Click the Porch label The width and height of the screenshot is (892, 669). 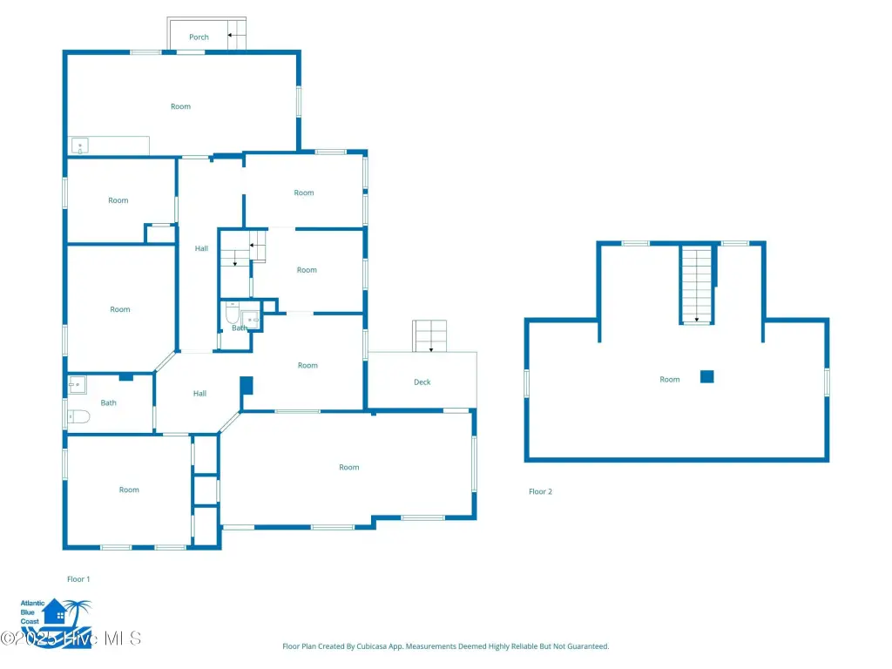click(199, 37)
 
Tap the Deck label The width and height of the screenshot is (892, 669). click(422, 382)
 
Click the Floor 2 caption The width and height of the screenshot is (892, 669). click(540, 491)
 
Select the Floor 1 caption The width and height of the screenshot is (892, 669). click(78, 579)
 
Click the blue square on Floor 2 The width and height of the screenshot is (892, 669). click(707, 376)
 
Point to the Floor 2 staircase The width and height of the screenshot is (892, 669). click(697, 285)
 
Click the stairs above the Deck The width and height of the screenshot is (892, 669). click(429, 336)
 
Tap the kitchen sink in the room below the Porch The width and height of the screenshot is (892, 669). click(79, 146)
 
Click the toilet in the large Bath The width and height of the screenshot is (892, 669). click(78, 417)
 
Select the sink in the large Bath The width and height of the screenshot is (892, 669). click(77, 385)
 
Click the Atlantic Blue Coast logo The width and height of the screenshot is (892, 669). click(56, 620)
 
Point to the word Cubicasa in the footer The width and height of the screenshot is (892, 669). click(372, 646)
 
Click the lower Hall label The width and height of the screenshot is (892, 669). click(199, 394)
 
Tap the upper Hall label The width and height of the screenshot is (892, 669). click(201, 248)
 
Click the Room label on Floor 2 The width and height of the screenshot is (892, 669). click(670, 380)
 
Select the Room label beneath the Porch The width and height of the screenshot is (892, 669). click(180, 106)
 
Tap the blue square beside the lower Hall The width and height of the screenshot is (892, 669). click(247, 385)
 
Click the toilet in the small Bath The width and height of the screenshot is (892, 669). click(232, 313)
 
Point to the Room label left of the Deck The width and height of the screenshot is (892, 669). click(307, 366)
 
